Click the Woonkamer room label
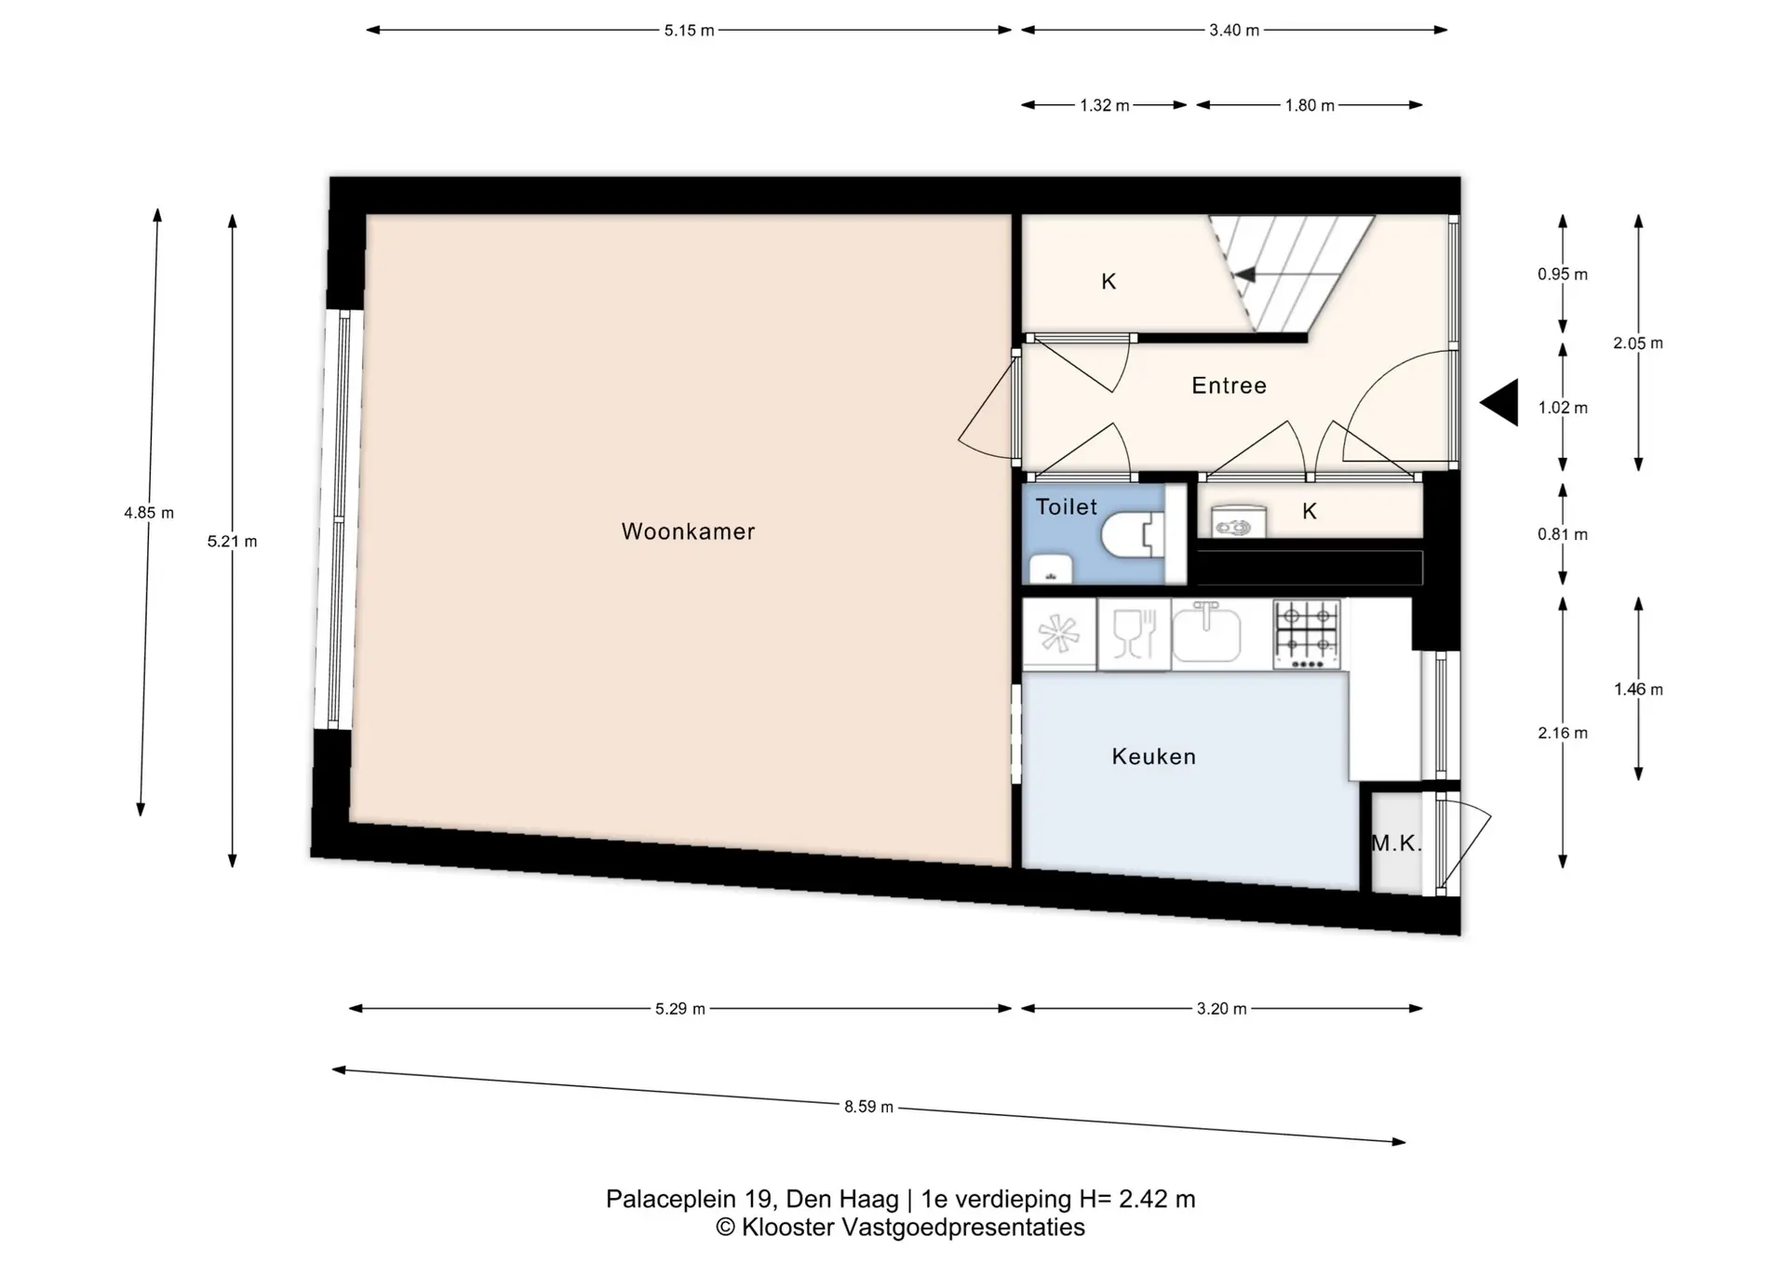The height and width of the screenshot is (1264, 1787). tap(688, 531)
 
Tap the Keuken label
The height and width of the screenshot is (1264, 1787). tap(1154, 757)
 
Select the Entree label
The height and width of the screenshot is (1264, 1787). tap(1229, 385)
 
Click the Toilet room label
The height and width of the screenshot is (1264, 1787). tap(1067, 507)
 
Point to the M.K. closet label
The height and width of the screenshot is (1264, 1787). tap(1396, 843)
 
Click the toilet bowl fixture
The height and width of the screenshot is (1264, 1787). tap(1133, 535)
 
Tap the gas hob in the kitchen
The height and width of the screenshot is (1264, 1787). tap(1307, 635)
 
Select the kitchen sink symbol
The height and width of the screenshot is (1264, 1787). tap(1206, 633)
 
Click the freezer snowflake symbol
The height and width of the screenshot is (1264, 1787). tap(1059, 635)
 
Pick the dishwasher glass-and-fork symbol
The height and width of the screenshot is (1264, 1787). tap(1134, 634)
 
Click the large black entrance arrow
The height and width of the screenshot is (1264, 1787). tap(1499, 403)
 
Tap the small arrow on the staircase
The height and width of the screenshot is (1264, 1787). tap(1244, 275)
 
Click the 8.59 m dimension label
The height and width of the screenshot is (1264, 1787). tap(868, 1107)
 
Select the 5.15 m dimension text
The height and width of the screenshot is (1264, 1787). tap(689, 31)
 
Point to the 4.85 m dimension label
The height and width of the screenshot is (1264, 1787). tap(149, 513)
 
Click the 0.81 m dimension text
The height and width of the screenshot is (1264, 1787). tap(1563, 534)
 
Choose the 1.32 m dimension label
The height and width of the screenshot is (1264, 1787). tap(1105, 106)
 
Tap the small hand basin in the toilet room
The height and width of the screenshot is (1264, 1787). tap(1050, 569)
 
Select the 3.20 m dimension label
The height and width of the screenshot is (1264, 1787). tap(1221, 1009)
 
